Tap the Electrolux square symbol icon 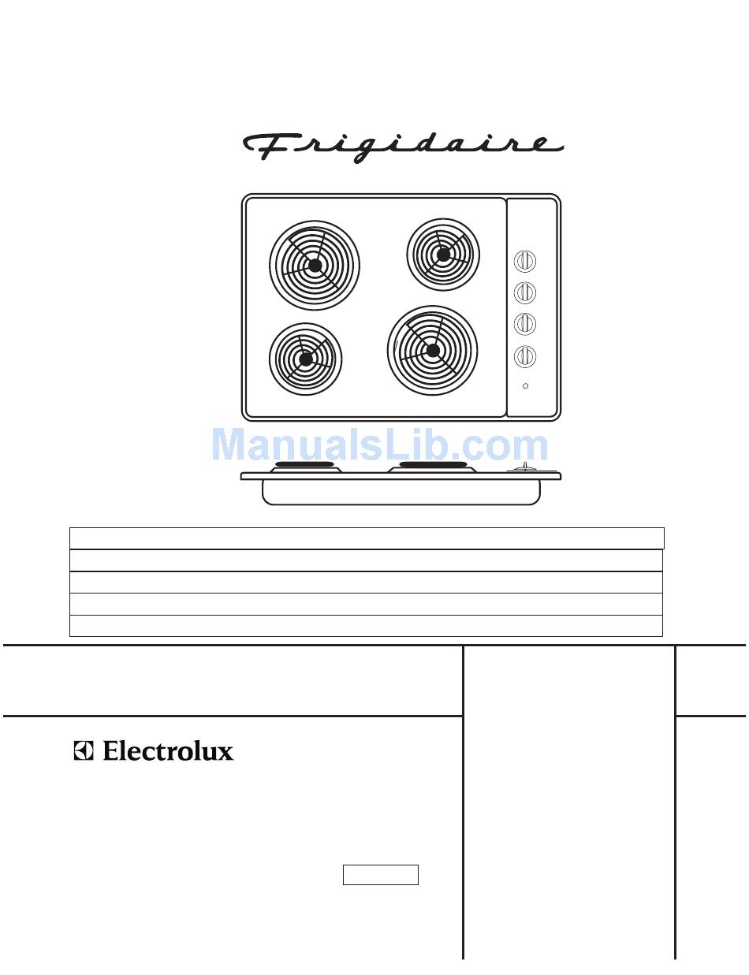(84, 750)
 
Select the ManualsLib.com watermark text (380, 445)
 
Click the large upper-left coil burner (315, 266)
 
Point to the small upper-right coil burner (443, 255)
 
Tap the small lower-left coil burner (305, 359)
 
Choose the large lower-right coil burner (432, 351)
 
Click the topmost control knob (525, 261)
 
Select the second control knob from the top (525, 292)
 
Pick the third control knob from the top (525, 324)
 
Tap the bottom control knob (525, 356)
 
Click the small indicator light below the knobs (525, 386)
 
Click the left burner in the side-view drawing (304, 468)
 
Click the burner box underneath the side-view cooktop (401, 493)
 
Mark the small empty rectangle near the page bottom (380, 875)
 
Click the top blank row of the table (367, 538)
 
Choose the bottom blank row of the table (367, 626)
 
